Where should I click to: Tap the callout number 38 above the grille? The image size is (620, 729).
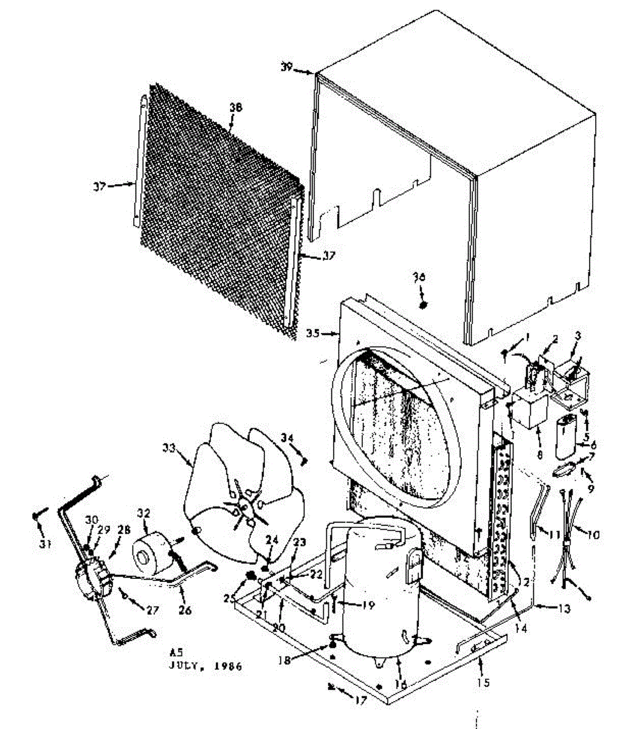click(x=236, y=107)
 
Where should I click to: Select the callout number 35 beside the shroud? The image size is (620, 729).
click(x=312, y=333)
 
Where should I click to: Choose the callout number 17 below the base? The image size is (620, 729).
click(x=361, y=701)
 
